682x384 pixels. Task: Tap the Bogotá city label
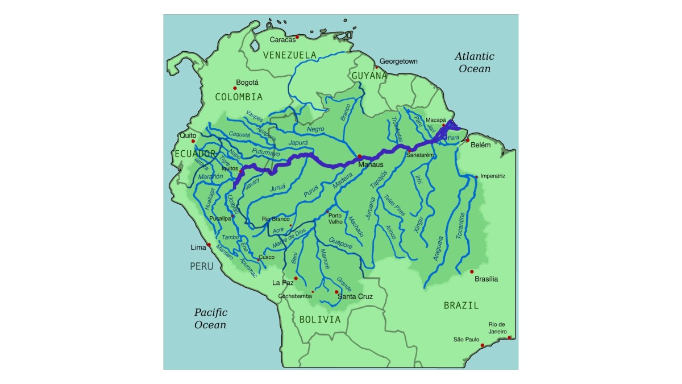point(247,82)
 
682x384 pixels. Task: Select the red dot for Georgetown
point(376,68)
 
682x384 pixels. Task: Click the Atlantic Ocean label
point(475,63)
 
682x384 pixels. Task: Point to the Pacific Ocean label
point(211,319)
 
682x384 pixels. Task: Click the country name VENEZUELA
point(290,55)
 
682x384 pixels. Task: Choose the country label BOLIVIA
point(320,320)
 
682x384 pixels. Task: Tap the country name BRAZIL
point(461,305)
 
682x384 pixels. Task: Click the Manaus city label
point(371,165)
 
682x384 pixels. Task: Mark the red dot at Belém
point(468,141)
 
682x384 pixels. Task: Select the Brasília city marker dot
point(472,272)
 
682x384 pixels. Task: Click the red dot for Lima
point(209,245)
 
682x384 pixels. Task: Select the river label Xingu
point(420,221)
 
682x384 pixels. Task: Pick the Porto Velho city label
point(335,218)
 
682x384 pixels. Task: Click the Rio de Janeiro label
point(497,328)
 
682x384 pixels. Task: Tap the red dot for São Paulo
point(483,345)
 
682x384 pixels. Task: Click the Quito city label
point(187,136)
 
